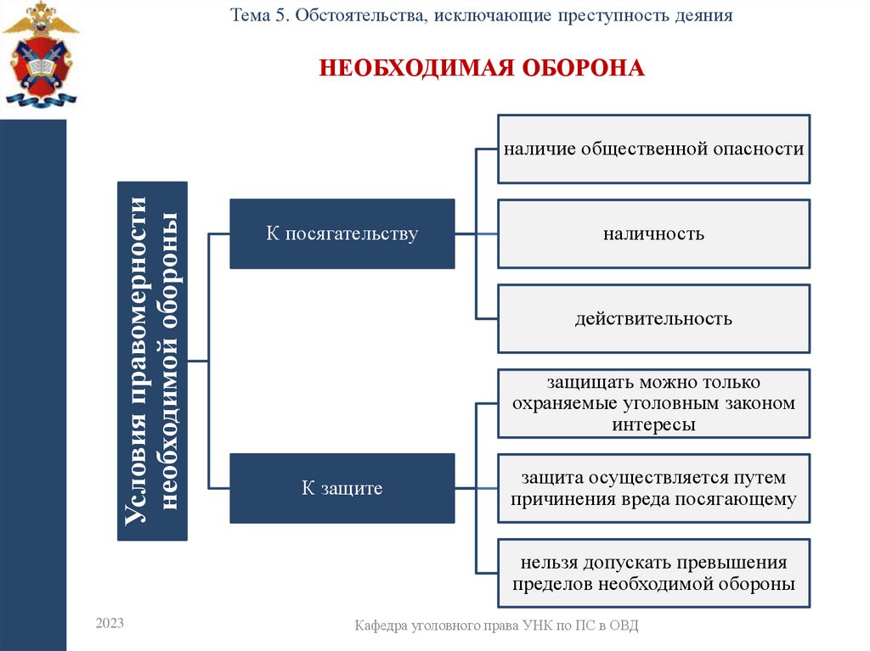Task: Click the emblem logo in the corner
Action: (x=39, y=55)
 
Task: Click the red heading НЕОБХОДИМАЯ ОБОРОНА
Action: (x=482, y=68)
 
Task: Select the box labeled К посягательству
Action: (x=342, y=234)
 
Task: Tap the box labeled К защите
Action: (x=342, y=488)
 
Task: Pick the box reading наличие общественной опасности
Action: (x=653, y=149)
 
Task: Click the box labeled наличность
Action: (x=653, y=233)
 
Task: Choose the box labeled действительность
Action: (x=653, y=319)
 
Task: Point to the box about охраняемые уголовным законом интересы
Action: (x=653, y=404)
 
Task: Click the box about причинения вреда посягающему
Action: (x=653, y=488)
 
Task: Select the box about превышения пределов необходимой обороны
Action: (x=653, y=573)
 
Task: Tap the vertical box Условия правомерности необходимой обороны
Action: (x=151, y=361)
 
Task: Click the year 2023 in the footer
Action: (x=110, y=624)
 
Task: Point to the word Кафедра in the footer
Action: (x=381, y=626)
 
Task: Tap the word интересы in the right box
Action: (x=653, y=424)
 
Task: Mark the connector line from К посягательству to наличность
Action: (x=476, y=233)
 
